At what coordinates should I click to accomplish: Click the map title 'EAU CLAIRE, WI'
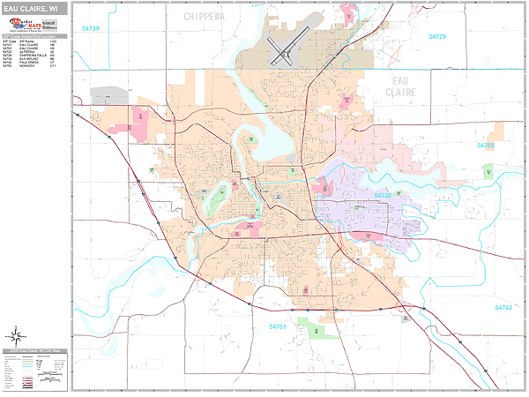coord(33,8)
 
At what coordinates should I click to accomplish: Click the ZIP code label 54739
coord(91,29)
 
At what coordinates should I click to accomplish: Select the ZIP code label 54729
coord(437,36)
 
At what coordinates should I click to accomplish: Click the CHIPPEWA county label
coord(205,16)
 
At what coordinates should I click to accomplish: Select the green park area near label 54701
coord(318,329)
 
